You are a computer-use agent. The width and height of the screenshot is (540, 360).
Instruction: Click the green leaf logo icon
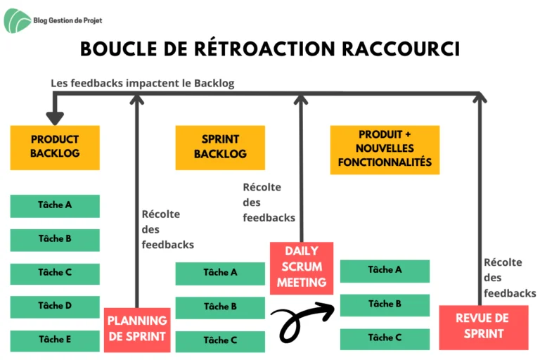[16, 21]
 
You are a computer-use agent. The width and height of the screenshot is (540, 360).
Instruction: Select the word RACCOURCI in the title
[401, 49]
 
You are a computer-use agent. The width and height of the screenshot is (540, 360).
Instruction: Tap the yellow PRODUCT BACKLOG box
[55, 148]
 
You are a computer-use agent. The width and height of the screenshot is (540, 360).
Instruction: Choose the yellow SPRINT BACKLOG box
[220, 148]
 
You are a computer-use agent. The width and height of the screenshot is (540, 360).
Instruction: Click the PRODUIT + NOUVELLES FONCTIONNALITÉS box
[385, 150]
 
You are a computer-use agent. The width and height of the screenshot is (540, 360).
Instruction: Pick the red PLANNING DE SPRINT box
[137, 330]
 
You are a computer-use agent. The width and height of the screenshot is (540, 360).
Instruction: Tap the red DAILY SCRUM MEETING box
[302, 268]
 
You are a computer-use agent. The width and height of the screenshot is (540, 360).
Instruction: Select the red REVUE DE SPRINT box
[484, 327]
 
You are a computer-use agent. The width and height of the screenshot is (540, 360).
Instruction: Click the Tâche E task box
[55, 341]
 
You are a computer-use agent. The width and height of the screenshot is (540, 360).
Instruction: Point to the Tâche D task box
[55, 307]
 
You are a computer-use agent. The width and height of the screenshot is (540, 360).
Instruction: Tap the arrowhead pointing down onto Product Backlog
[55, 118]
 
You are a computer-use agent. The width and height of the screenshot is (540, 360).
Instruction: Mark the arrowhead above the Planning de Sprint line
[136, 99]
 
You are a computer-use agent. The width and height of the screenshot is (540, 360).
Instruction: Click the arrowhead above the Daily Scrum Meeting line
[301, 99]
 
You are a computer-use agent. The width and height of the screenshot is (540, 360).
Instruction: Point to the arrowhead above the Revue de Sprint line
[480, 98]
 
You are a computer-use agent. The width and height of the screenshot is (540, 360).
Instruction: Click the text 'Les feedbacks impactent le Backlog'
[143, 84]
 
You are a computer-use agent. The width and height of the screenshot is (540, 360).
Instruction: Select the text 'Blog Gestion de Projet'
[67, 20]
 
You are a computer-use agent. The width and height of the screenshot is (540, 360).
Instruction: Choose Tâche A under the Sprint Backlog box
[220, 274]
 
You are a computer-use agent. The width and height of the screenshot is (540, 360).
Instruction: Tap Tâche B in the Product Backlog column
[55, 240]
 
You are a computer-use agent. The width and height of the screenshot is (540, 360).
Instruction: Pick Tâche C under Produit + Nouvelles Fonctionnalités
[385, 339]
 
